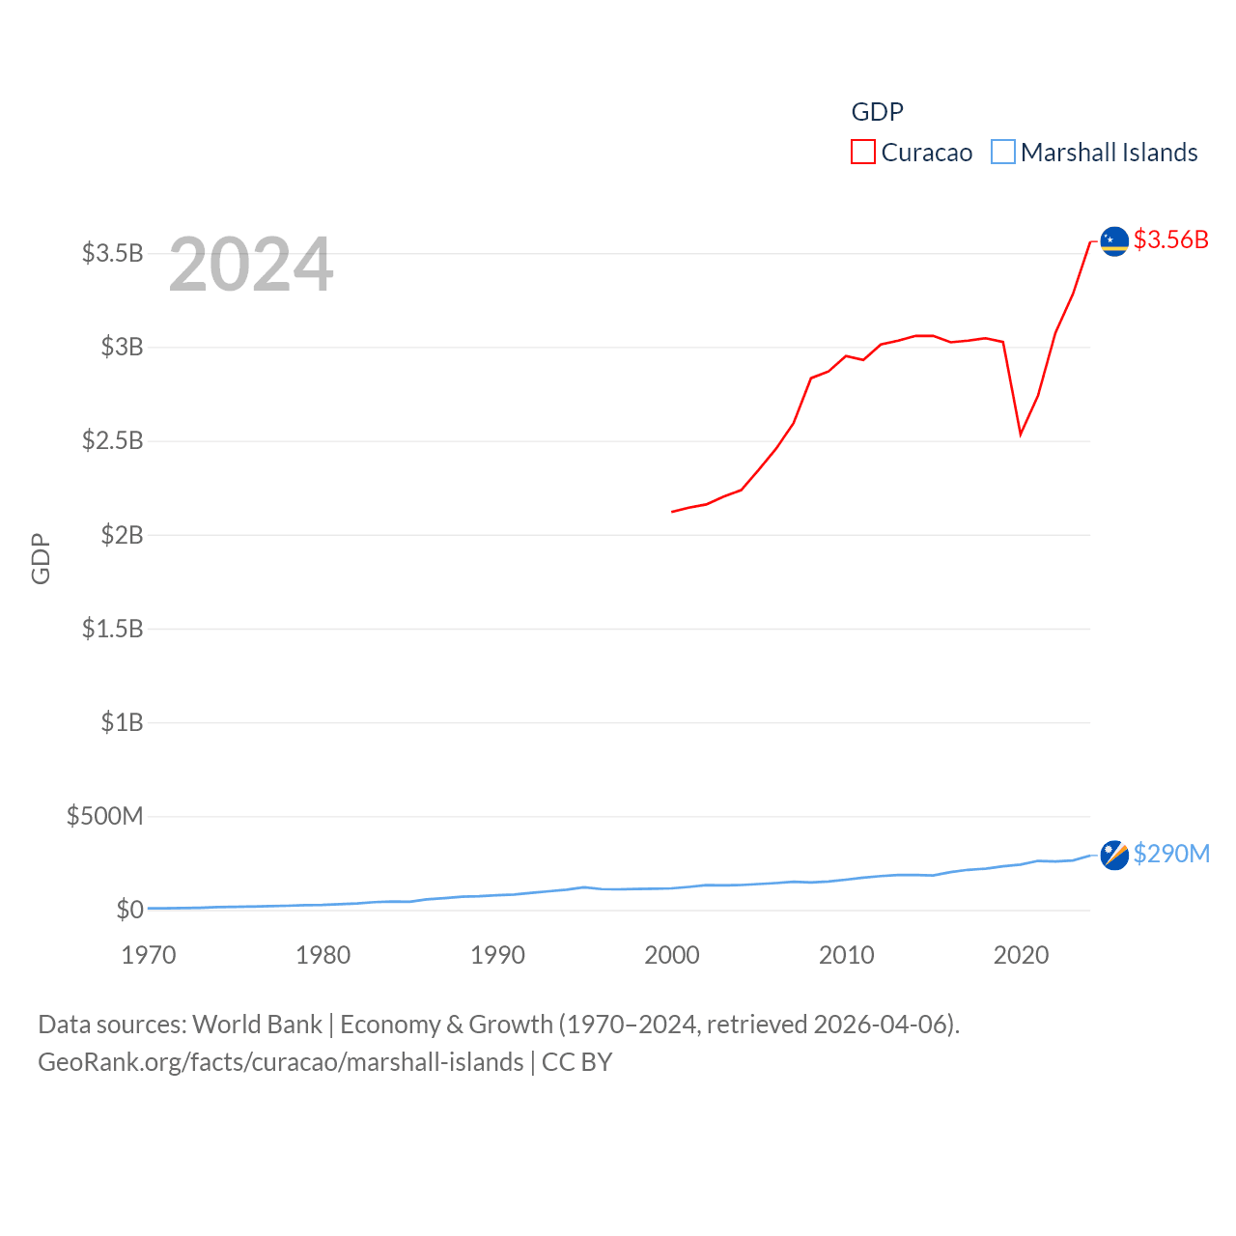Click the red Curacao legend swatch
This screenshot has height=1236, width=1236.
point(862,153)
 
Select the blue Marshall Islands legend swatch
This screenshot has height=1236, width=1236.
point(1003,153)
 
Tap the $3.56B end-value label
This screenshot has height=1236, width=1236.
point(1170,239)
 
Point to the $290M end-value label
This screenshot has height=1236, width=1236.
point(1170,854)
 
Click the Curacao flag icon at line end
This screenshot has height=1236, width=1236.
point(1114,241)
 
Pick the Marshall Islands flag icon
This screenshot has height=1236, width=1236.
point(1114,855)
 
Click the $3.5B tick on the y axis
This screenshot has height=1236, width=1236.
point(112,253)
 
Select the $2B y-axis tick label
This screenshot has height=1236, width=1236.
point(122,534)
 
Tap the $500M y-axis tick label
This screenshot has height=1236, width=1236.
point(104,816)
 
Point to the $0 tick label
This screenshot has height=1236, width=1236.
point(129,910)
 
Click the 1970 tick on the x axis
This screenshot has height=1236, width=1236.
point(149,955)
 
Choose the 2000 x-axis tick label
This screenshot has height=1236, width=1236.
point(672,955)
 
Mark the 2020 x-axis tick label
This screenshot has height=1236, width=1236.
point(1021,955)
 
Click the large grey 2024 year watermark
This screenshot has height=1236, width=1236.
point(251,265)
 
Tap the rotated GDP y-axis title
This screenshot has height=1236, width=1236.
point(41,558)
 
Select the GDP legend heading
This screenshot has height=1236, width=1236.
point(877,112)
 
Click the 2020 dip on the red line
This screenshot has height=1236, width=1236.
point(1021,435)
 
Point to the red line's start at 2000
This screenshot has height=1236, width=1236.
point(673,511)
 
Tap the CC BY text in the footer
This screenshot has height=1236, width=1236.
point(576,1062)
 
